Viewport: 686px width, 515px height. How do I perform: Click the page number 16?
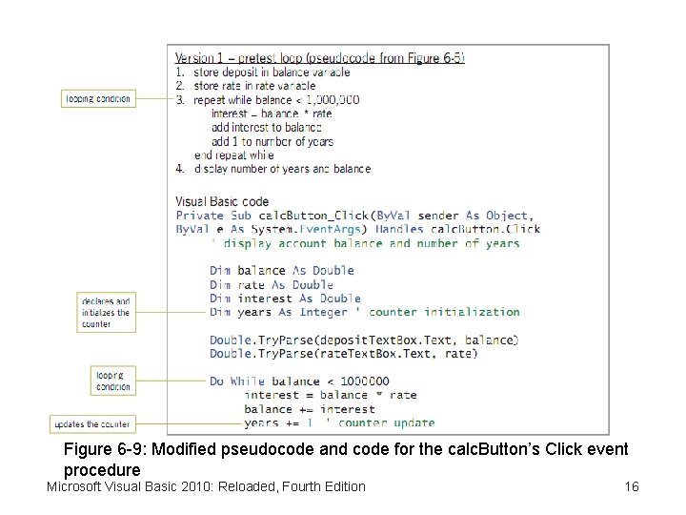coord(632,486)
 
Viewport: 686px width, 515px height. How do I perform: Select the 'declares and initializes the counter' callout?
coord(106,312)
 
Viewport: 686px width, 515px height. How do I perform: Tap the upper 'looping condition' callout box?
coord(97,98)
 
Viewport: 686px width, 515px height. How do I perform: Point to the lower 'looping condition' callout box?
coord(113,381)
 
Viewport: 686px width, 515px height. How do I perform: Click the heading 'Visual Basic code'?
coord(222,201)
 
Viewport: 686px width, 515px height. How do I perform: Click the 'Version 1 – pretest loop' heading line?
coord(320,57)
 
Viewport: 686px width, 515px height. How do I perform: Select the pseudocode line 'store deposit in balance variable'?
coord(271,72)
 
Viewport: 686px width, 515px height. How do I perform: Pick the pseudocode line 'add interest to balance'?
coord(267,127)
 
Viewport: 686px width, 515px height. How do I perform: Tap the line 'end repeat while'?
coord(233,154)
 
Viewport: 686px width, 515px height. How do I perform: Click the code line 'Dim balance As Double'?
coord(282,271)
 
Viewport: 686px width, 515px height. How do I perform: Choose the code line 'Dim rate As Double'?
coord(272,284)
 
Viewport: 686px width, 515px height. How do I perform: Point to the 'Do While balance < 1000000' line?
coord(299,381)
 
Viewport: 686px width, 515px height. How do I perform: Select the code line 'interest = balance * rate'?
coord(331,395)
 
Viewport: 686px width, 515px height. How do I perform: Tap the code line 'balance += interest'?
coord(310,409)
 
